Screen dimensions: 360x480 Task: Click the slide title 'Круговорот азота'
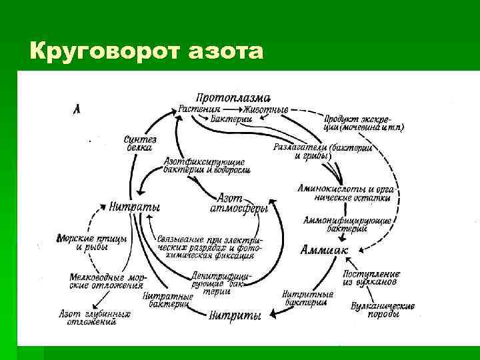147,50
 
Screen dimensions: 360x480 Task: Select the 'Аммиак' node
325,250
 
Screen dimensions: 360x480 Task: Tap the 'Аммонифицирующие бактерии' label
347,224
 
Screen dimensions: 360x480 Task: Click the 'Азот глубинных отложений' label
94,317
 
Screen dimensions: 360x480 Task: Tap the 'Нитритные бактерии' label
307,297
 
